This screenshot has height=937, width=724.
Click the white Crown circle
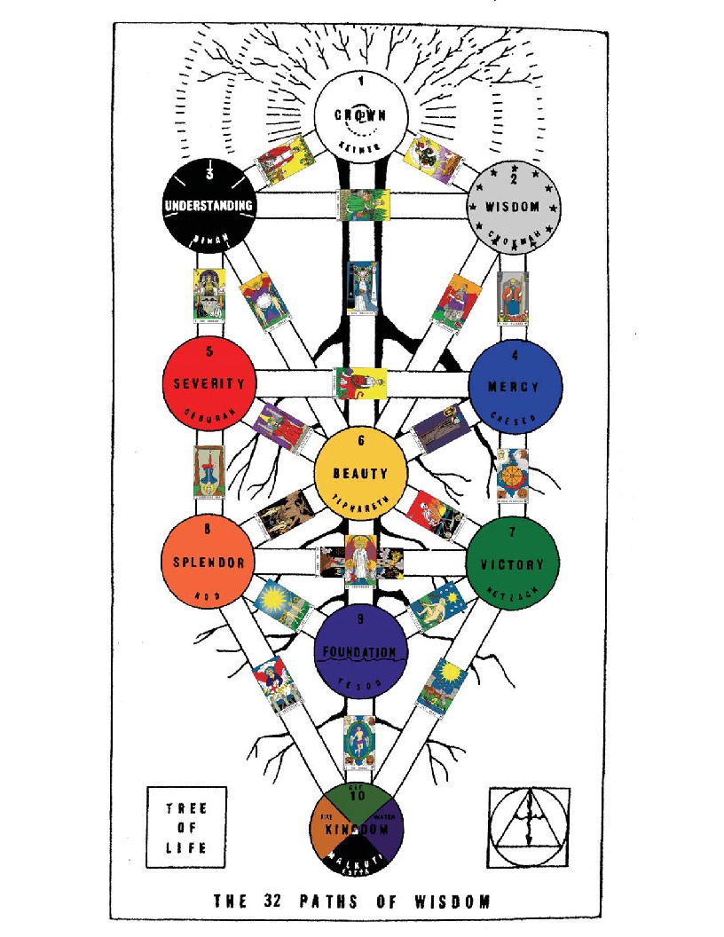361,116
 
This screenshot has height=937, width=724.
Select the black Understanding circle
210,205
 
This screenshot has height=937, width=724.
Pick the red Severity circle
209,382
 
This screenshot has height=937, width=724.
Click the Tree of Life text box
186,827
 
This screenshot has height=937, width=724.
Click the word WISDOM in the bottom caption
452,902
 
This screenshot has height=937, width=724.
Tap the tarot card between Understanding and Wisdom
361,204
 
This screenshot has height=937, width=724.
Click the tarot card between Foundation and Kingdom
358,740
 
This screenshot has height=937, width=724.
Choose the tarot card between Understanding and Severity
209,294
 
